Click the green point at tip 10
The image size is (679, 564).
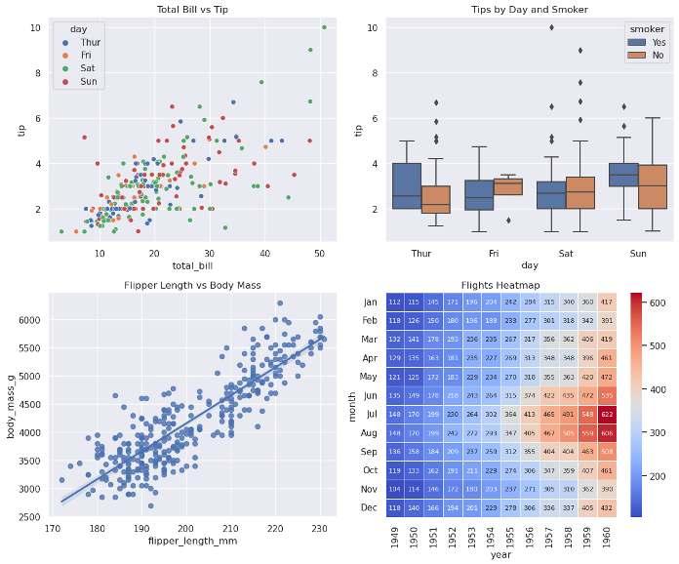tap(324, 27)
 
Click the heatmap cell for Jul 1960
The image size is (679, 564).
tap(604, 414)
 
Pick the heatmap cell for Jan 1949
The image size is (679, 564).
tap(395, 302)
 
